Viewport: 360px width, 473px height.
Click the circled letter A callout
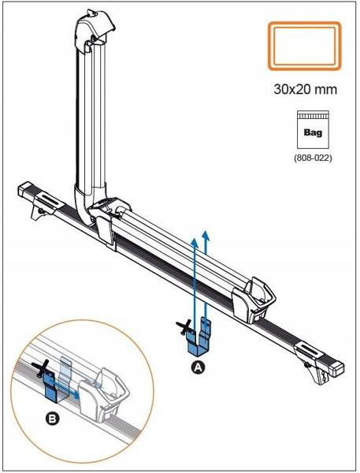[x=198, y=367]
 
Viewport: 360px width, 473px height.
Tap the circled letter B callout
[x=52, y=419]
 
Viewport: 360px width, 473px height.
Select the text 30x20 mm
[x=305, y=89]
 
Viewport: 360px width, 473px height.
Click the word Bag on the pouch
[x=313, y=132]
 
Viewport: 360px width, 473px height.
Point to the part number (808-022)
[x=313, y=158]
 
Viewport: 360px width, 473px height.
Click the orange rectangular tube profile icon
[x=305, y=47]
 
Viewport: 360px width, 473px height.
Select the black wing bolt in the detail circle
[x=43, y=367]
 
